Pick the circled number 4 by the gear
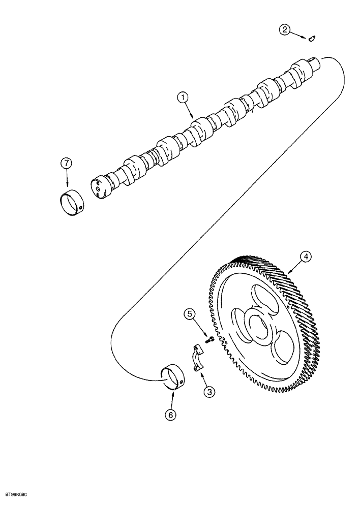(x=306, y=258)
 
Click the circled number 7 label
(x=65, y=164)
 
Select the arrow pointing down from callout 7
(x=67, y=179)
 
